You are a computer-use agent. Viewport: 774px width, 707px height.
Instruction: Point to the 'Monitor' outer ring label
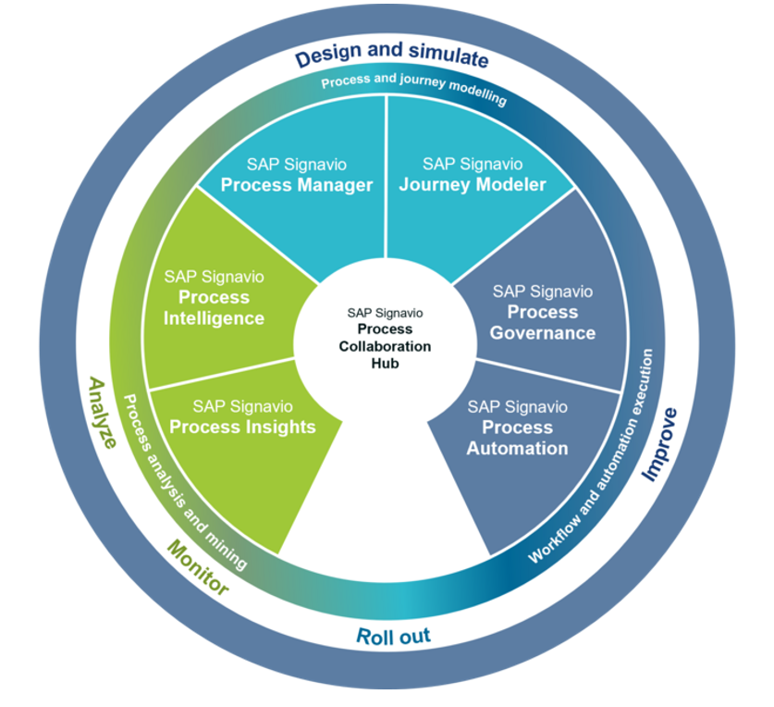pyautogui.click(x=197, y=567)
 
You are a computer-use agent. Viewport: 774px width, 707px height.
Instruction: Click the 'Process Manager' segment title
pyautogui.click(x=296, y=185)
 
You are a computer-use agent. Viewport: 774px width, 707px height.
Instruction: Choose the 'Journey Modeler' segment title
pyautogui.click(x=473, y=185)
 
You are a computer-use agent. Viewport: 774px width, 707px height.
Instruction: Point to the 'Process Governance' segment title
pyautogui.click(x=543, y=322)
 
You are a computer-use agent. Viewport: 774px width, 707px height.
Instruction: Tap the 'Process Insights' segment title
pyautogui.click(x=243, y=427)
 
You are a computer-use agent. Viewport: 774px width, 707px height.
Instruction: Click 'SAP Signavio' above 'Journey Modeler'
pyautogui.click(x=473, y=165)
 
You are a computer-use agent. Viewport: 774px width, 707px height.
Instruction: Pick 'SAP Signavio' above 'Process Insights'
pyautogui.click(x=243, y=406)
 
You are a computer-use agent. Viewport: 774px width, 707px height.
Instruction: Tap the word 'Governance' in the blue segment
pyautogui.click(x=543, y=332)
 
